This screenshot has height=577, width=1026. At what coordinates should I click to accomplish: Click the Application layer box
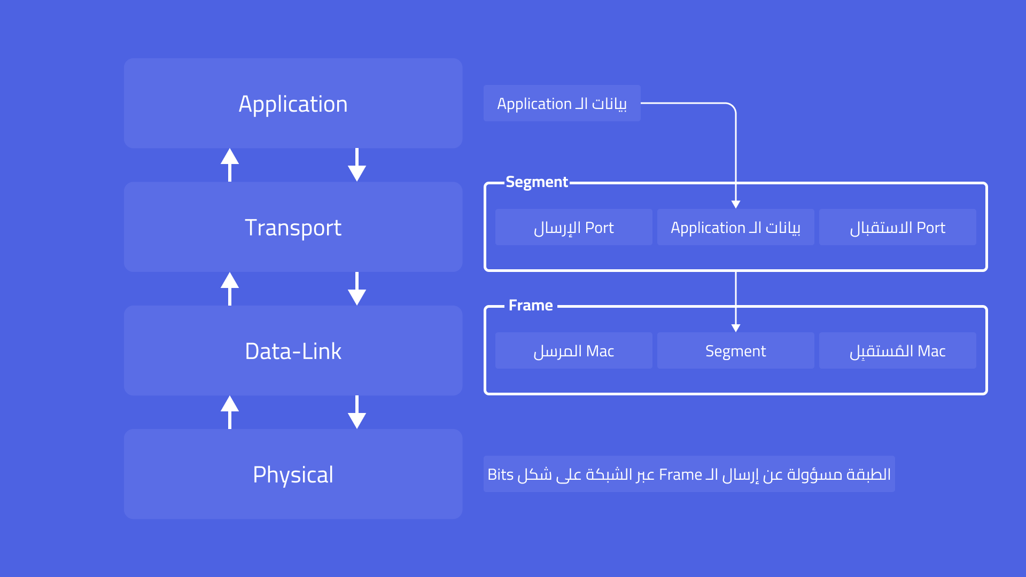tap(293, 103)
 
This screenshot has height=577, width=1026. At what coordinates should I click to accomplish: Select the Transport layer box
tap(293, 227)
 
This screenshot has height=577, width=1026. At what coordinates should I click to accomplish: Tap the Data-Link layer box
tap(293, 350)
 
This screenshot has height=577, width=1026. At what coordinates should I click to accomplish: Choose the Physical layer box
tap(293, 474)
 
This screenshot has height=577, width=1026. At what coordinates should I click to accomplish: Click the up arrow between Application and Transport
tap(230, 164)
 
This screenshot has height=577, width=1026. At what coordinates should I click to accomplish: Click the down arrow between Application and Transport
tap(357, 165)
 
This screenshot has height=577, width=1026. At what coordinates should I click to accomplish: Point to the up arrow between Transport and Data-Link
tap(230, 288)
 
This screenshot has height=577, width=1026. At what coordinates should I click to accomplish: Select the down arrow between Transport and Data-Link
tap(357, 289)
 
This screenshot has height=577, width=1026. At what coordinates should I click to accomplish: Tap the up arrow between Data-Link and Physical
tap(230, 411)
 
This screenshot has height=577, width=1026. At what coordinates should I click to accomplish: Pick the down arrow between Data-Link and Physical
tap(357, 412)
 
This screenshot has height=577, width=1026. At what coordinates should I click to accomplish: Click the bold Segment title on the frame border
tap(537, 182)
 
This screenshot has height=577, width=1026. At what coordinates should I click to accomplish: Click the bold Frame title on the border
tap(531, 306)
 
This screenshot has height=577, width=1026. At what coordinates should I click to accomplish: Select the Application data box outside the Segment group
tap(562, 103)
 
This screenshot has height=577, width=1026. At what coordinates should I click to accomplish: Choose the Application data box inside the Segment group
tap(735, 227)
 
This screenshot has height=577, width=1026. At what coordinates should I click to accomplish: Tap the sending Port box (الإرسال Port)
tap(573, 227)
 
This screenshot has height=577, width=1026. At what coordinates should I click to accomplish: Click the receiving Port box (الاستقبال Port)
tap(897, 227)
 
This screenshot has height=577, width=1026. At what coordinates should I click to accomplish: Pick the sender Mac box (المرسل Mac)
tap(573, 350)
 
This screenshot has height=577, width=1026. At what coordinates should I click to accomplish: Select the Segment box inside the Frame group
tap(735, 350)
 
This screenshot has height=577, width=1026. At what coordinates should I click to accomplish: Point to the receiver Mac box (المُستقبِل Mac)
tap(897, 350)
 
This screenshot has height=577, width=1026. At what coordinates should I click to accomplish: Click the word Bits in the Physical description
tap(500, 474)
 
